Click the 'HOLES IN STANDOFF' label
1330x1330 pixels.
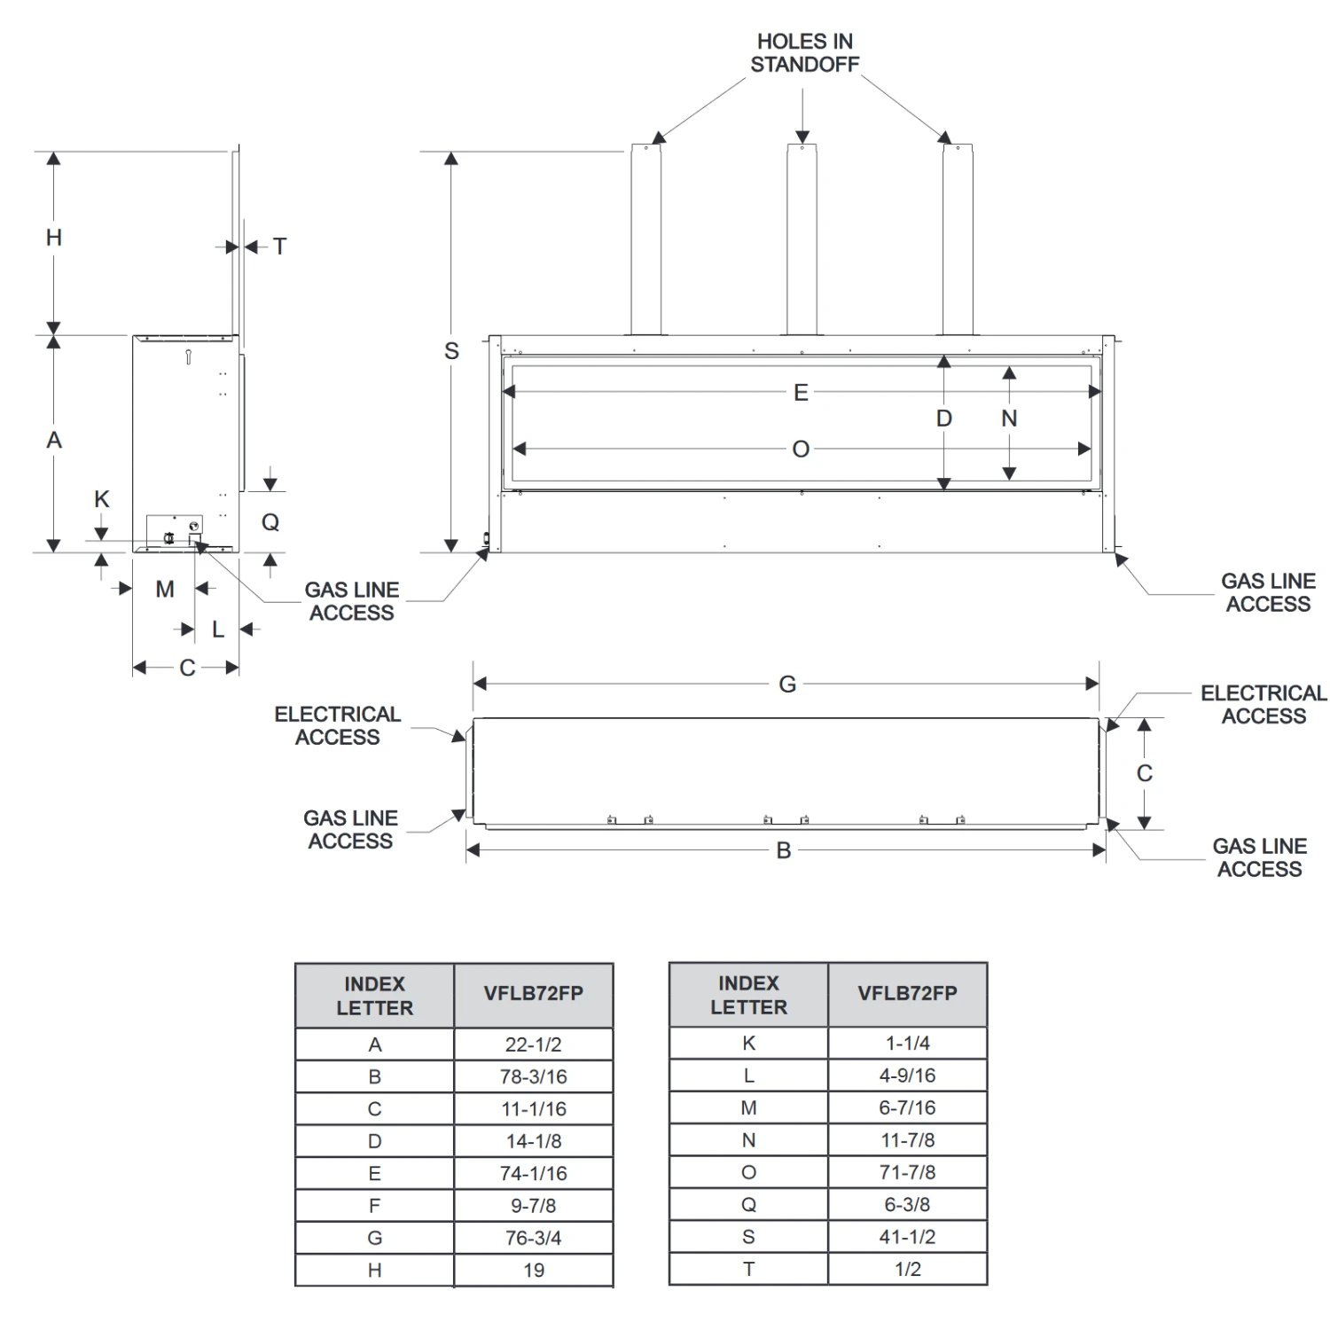point(804,53)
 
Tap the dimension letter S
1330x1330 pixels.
point(451,351)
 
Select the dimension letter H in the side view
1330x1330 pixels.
point(54,238)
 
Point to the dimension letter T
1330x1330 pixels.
point(280,246)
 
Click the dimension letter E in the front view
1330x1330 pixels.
point(801,393)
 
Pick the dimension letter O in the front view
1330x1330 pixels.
point(801,450)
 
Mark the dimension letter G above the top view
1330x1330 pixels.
point(787,685)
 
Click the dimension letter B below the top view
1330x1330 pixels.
point(784,850)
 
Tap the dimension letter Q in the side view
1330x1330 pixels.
point(270,522)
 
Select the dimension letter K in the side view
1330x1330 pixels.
point(102,499)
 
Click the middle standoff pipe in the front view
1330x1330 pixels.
point(802,239)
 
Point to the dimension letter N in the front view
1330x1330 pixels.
point(1009,419)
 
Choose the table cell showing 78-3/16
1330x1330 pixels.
point(533,1076)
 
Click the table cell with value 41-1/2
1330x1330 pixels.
point(907,1237)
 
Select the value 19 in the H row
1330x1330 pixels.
point(533,1270)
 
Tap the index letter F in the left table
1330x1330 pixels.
point(374,1206)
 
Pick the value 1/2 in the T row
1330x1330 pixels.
point(907,1269)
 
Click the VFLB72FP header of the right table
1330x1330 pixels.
point(907,993)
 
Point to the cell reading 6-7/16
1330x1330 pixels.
point(907,1107)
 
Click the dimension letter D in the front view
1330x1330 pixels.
point(944,419)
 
